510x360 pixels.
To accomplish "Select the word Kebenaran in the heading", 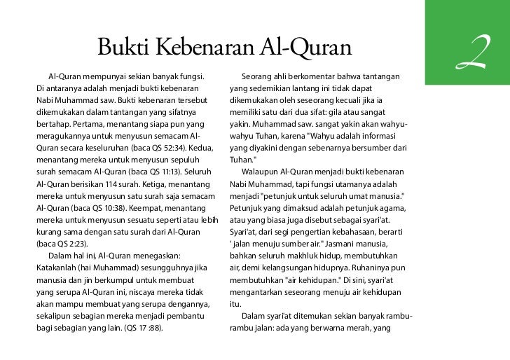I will (x=197, y=48).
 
